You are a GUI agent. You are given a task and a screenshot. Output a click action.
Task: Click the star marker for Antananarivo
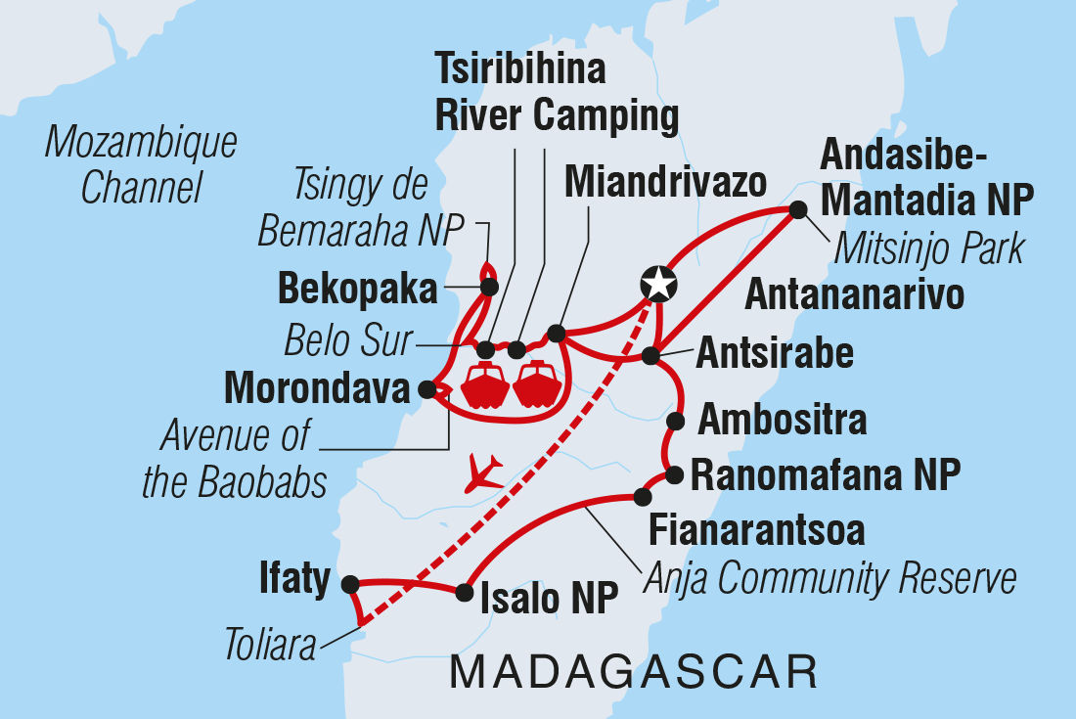pyautogui.click(x=658, y=283)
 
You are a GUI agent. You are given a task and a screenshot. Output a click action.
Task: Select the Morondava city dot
pyautogui.click(x=426, y=389)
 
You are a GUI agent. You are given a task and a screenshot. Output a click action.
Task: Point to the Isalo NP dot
pyautogui.click(x=462, y=591)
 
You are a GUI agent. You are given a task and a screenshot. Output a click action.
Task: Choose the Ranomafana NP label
pyautogui.click(x=826, y=476)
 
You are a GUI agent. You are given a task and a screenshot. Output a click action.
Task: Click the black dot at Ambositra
pyautogui.click(x=675, y=422)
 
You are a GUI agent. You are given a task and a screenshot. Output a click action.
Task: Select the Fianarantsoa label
pyautogui.click(x=757, y=530)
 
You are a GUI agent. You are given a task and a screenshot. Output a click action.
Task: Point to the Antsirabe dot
pyautogui.click(x=651, y=356)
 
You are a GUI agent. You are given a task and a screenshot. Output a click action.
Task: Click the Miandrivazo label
pyautogui.click(x=664, y=182)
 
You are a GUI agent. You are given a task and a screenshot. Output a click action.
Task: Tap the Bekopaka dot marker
pyautogui.click(x=489, y=287)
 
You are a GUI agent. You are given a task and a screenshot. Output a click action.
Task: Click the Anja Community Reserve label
pyautogui.click(x=829, y=578)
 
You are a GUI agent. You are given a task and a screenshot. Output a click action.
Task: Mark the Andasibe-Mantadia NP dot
pyautogui.click(x=798, y=209)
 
